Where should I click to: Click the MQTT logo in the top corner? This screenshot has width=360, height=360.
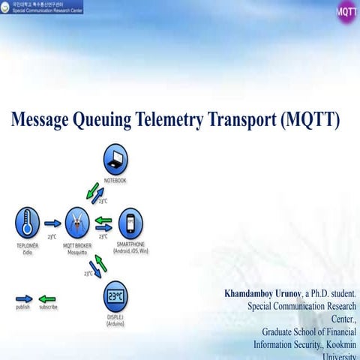346,13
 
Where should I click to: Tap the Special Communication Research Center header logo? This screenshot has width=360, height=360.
42,7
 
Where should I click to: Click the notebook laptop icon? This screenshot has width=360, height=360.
115,159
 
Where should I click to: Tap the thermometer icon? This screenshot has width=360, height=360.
27,223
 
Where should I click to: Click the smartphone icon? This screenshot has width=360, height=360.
130,223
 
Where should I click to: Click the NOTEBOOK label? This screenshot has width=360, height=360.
115,181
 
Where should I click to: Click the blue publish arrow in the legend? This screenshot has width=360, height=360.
24,298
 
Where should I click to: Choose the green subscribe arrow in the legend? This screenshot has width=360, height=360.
47,298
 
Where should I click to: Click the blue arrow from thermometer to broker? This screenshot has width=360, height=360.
52,223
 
